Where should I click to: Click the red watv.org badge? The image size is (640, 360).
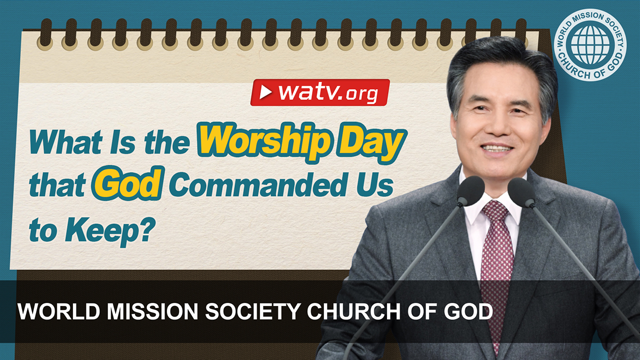(319, 92)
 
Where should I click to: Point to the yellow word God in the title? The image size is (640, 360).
(127, 185)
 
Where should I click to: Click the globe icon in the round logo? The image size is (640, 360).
(590, 44)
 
